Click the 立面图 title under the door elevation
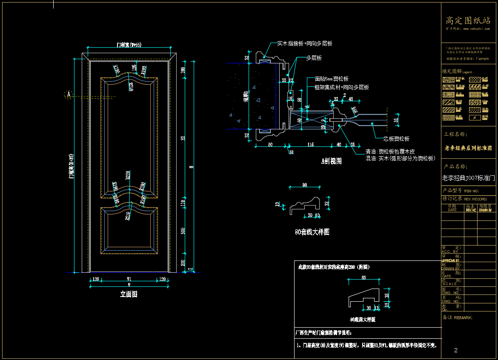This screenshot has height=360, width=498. (x=129, y=294)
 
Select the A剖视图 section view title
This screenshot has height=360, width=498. (x=331, y=161)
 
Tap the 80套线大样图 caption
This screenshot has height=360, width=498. (x=312, y=232)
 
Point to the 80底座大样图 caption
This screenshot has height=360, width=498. (x=363, y=319)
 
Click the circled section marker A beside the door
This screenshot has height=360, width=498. (x=68, y=94)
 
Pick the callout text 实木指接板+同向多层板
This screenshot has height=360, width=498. (x=305, y=43)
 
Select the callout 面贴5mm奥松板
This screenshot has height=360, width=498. (x=332, y=79)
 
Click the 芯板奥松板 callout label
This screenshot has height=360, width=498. (x=396, y=139)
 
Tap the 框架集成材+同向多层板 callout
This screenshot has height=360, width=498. (x=341, y=87)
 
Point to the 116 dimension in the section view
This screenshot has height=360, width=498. (x=310, y=145)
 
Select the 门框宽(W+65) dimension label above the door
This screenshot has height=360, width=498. (x=129, y=45)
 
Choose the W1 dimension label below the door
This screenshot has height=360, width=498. (x=129, y=280)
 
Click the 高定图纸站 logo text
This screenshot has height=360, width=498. (x=468, y=20)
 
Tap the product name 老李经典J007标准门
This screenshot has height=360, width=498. (x=468, y=178)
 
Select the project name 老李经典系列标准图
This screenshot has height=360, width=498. (x=468, y=149)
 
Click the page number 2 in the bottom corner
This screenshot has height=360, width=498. (x=456, y=351)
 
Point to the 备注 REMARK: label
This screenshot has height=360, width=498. (x=458, y=317)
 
